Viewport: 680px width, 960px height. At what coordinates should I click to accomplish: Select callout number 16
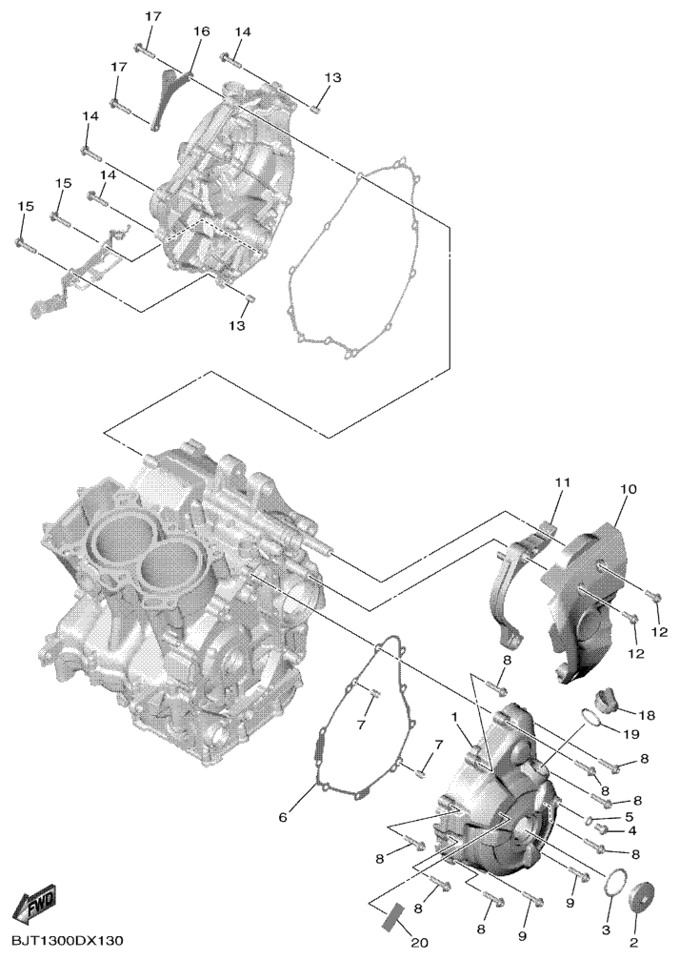201,31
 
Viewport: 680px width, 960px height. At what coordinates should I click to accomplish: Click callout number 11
562,483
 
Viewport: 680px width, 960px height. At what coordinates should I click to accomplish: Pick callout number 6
283,817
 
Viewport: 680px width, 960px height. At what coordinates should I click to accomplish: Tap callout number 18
648,714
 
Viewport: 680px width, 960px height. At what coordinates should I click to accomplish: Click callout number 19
631,733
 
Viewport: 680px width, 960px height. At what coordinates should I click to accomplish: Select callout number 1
455,716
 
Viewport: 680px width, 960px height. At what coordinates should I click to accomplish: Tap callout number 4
631,830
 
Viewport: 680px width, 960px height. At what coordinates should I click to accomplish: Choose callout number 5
629,816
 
